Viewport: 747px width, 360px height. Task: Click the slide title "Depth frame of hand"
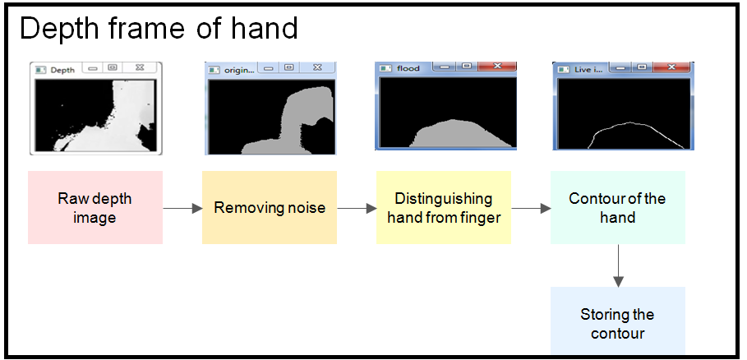[159, 28]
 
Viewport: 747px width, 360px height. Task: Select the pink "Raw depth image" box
[95, 208]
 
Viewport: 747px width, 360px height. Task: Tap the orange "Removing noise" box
[270, 208]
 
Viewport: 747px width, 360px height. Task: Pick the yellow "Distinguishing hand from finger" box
[444, 208]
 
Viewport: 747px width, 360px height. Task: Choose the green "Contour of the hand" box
[618, 208]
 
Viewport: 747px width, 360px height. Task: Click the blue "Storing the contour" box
[618, 320]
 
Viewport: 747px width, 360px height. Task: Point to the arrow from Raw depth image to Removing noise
[182, 208]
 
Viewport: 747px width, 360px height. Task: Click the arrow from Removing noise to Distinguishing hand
[357, 208]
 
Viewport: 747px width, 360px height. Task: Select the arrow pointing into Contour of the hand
[531, 208]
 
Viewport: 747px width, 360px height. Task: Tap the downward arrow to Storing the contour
[618, 265]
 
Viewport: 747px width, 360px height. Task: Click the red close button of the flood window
[497, 67]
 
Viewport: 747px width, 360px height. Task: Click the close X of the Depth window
[140, 67]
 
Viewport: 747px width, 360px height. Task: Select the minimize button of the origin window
[268, 68]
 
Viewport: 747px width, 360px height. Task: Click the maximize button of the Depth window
[112, 67]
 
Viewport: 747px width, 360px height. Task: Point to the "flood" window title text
[408, 68]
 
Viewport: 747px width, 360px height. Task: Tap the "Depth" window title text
[62, 70]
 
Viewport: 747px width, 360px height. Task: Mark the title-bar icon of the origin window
[214, 70]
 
